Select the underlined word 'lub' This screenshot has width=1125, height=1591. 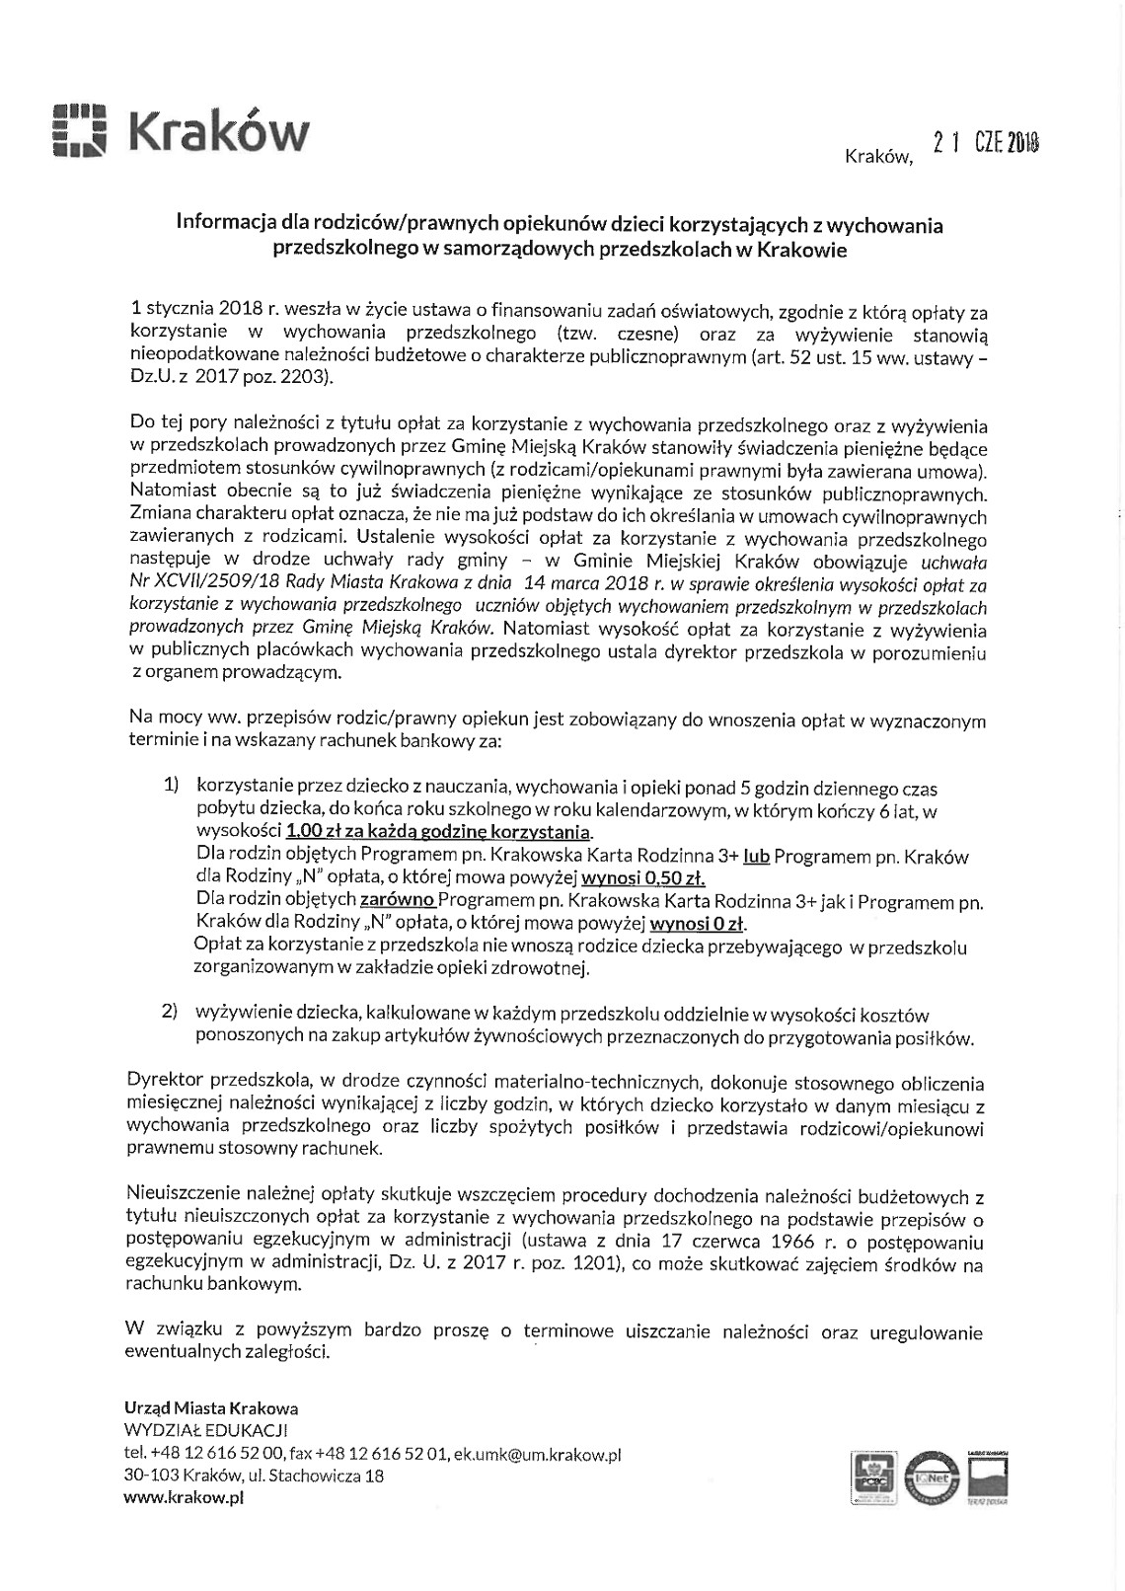tap(756, 856)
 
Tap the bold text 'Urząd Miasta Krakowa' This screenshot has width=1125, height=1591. tap(211, 1408)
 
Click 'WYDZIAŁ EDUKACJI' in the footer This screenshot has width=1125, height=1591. tap(205, 1431)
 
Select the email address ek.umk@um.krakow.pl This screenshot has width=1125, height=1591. tap(537, 1454)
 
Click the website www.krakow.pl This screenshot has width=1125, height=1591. tap(184, 1497)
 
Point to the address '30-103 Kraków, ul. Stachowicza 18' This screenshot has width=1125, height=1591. tap(254, 1476)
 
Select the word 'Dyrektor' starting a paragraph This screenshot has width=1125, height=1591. tap(162, 1083)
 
